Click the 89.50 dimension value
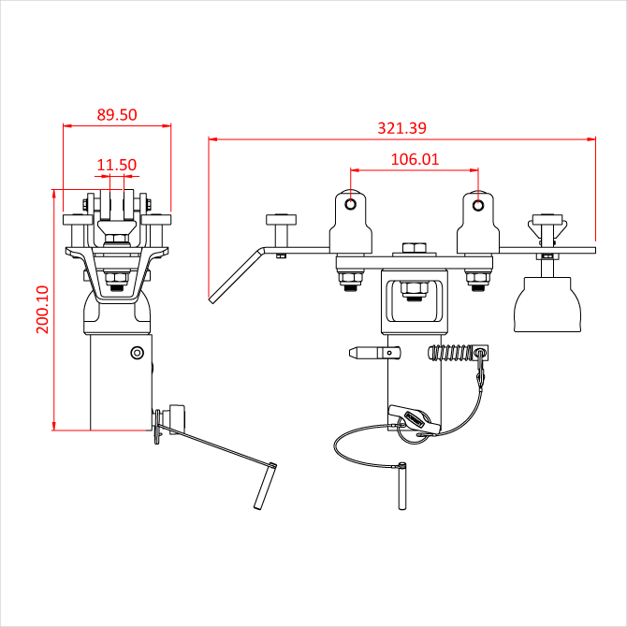117,115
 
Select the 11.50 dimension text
117,165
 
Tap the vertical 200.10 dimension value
42,310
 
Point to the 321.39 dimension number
401,128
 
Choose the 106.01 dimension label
415,159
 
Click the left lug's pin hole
351,204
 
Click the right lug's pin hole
478,206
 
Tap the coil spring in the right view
451,352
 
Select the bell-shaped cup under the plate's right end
547,305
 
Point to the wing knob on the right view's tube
414,420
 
